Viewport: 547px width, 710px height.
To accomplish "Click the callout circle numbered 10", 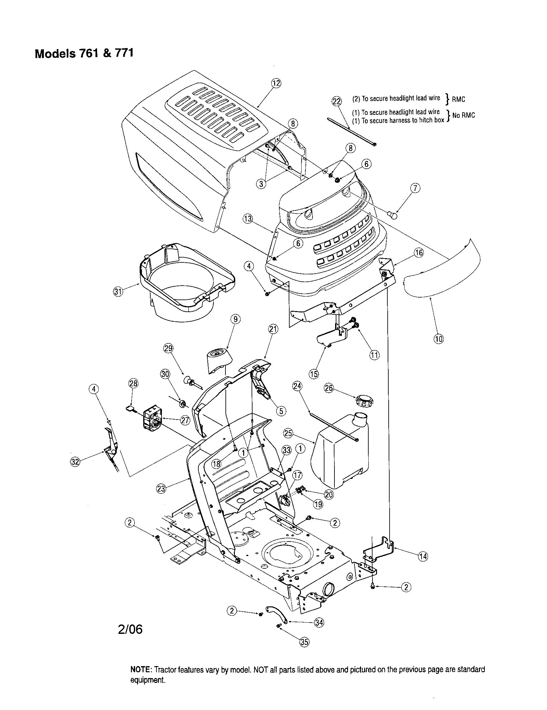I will coord(439,339).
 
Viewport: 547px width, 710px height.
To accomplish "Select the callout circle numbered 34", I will coord(319,622).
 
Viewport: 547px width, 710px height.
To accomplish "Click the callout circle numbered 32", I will coord(75,462).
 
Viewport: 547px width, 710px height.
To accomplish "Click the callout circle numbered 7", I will coord(415,188).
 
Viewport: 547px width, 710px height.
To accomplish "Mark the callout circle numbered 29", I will coord(168,348).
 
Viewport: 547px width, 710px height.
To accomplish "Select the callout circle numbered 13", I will coord(248,219).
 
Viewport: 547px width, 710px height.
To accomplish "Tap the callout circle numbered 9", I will coord(235,319).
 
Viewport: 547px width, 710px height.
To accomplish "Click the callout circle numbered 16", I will coord(419,253).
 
